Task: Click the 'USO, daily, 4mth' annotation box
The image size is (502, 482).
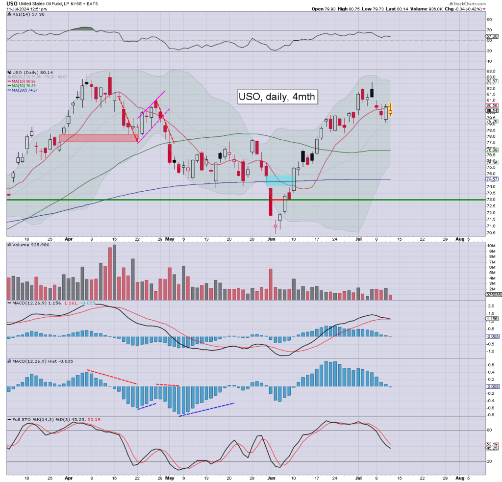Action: point(276,97)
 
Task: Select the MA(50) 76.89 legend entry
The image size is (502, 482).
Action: point(25,86)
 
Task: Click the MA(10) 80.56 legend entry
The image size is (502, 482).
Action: point(25,81)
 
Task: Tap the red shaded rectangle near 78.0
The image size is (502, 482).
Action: point(98,138)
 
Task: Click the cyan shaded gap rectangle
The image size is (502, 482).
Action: point(280,180)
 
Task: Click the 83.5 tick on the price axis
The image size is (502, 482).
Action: point(489,71)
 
